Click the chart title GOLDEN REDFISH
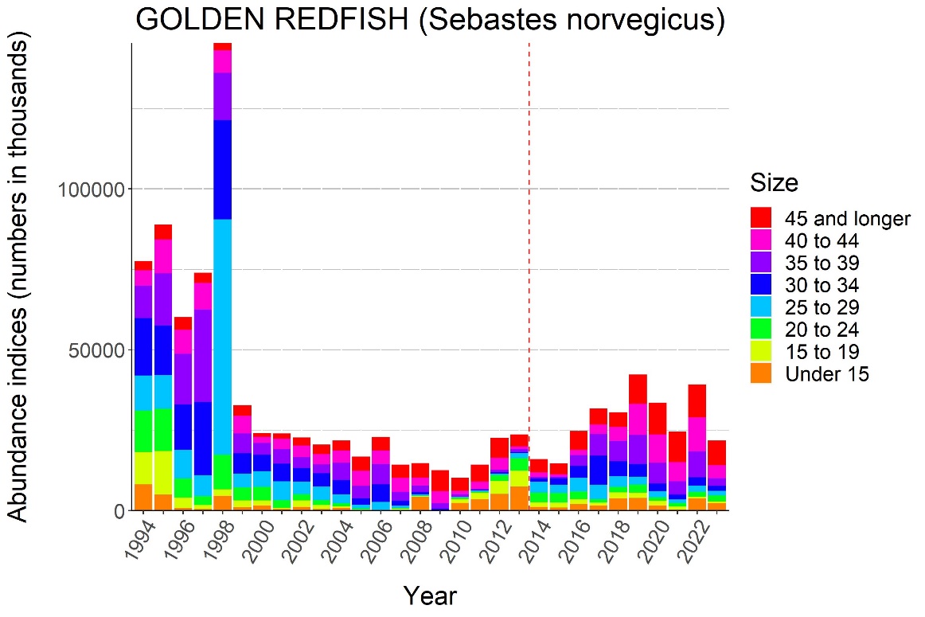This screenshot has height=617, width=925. tap(430, 21)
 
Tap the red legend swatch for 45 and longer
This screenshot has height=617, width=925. tap(761, 217)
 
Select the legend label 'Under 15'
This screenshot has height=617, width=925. tap(826, 374)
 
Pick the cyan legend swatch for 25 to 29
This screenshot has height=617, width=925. tap(761, 307)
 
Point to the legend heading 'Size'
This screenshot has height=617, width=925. tap(773, 184)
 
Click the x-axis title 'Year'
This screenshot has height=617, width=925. tap(430, 596)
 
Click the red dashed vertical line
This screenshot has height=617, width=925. tap(529, 239)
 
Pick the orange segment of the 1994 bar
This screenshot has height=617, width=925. tap(143, 497)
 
